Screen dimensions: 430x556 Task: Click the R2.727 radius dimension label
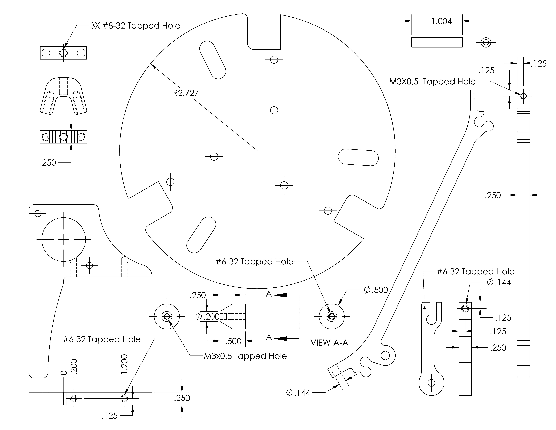[x=186, y=93]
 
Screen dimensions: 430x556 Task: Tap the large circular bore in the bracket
[x=64, y=239]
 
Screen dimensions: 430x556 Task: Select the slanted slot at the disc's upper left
[x=213, y=60]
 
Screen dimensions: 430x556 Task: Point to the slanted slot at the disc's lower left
[x=201, y=235]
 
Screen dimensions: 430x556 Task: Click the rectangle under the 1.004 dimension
[x=437, y=42]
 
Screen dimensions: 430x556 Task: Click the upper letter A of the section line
[x=269, y=294]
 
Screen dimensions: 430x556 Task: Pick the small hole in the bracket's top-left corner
[x=38, y=213]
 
